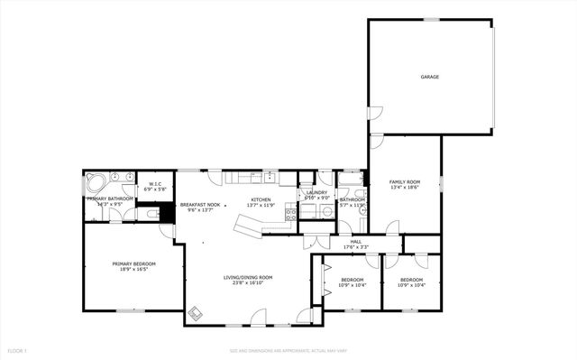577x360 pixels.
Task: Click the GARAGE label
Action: pos(429,77)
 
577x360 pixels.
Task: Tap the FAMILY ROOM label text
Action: pos(405,182)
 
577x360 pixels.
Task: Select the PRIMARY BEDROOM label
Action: pos(133,263)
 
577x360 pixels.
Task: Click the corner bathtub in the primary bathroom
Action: pos(95,182)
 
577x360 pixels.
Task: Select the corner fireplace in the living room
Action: pos(196,313)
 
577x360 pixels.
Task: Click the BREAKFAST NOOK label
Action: pos(200,205)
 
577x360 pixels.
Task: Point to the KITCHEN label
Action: pos(261,199)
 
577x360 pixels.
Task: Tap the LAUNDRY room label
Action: pos(316,192)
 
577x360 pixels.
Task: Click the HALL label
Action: pos(356,241)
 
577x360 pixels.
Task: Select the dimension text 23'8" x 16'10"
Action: pos(248,283)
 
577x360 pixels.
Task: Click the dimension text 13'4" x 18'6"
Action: pos(405,188)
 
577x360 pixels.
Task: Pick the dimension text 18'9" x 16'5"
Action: pos(133,269)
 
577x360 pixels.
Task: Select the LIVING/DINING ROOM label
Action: pos(248,277)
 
